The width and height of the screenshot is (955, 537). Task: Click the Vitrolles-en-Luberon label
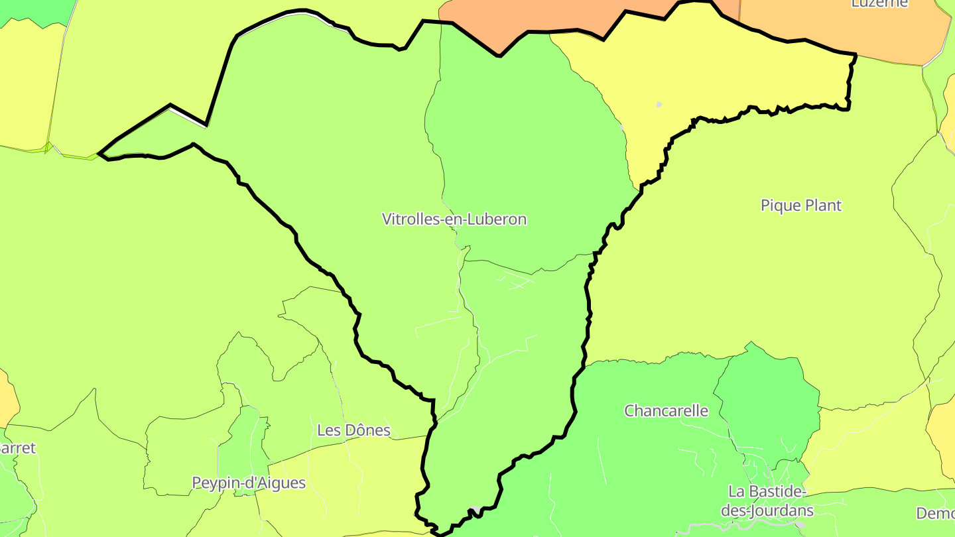tap(454, 219)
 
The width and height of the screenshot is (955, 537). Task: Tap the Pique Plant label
tap(800, 206)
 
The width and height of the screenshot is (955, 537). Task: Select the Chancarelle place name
tap(666, 411)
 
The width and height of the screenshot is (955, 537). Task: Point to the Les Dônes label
tap(353, 430)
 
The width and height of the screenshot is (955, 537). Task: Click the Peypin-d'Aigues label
tap(249, 483)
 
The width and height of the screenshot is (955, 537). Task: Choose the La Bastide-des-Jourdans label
tap(766, 501)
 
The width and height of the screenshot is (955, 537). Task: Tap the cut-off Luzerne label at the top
tap(879, 4)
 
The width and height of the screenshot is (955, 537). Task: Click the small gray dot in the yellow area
tap(659, 104)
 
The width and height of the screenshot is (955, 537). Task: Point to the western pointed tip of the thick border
tap(99, 154)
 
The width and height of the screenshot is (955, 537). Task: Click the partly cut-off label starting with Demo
tap(935, 513)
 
